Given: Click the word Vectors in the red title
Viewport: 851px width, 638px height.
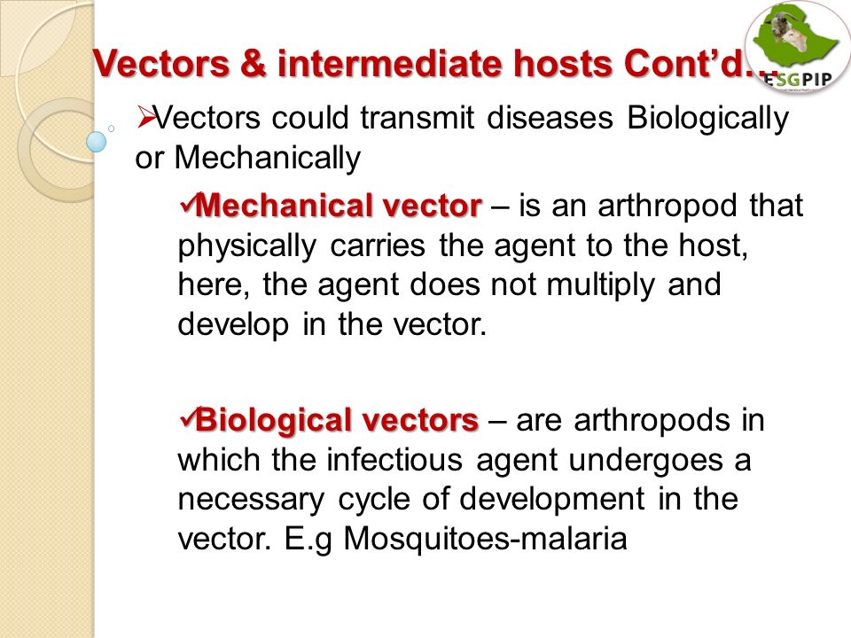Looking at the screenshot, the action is click(x=161, y=64).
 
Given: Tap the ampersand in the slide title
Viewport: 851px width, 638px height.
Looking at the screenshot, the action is click(x=254, y=64).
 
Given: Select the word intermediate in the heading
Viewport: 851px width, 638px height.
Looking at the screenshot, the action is click(x=391, y=64).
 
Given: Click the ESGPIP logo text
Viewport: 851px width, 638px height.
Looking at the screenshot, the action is click(x=798, y=79).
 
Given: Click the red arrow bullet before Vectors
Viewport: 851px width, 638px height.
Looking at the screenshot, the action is click(x=146, y=117).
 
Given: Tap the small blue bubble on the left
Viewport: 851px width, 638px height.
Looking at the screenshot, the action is click(x=97, y=142).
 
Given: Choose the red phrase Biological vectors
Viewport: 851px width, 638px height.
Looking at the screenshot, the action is click(x=337, y=420).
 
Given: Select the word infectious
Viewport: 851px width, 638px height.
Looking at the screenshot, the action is click(x=394, y=459).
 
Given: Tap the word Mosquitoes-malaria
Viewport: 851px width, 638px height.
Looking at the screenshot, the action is click(x=485, y=540).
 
